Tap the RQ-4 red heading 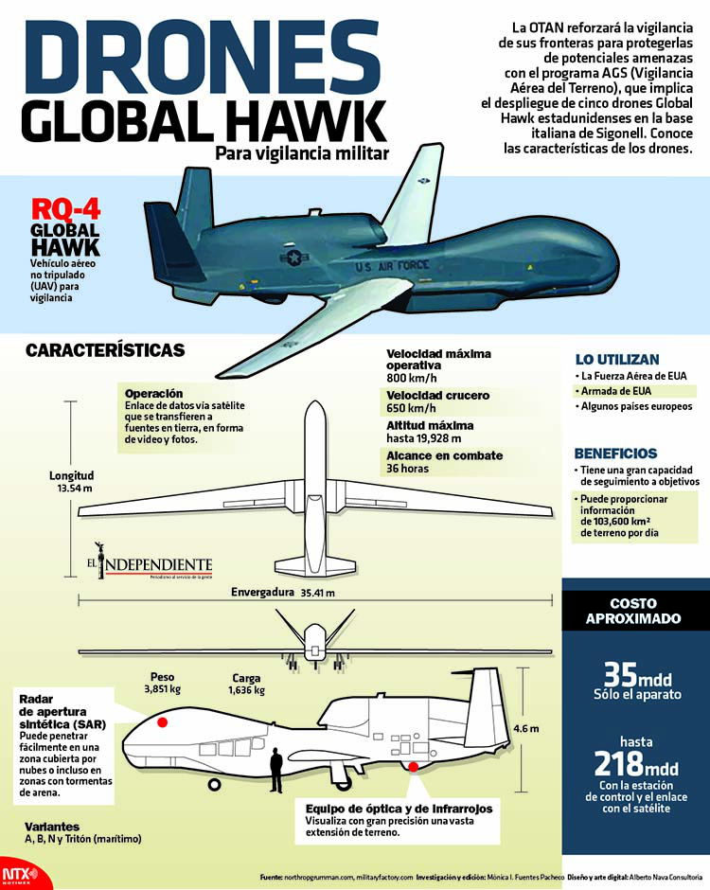(x=65, y=210)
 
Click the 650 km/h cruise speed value (x=411, y=408)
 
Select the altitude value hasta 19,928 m (x=423, y=438)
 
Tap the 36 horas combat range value (x=408, y=469)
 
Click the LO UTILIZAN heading (x=616, y=360)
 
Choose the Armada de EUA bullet (x=617, y=391)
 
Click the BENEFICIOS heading (x=615, y=454)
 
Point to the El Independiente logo (x=152, y=561)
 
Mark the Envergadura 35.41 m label (x=283, y=594)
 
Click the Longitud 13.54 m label (x=72, y=481)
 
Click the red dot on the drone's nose (x=162, y=723)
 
